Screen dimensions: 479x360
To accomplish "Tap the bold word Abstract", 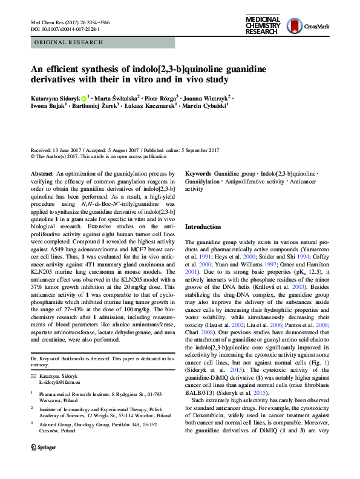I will pyautogui.click(x=42, y=174).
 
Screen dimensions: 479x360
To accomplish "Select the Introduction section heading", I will pyautogui.click(x=203, y=226).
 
